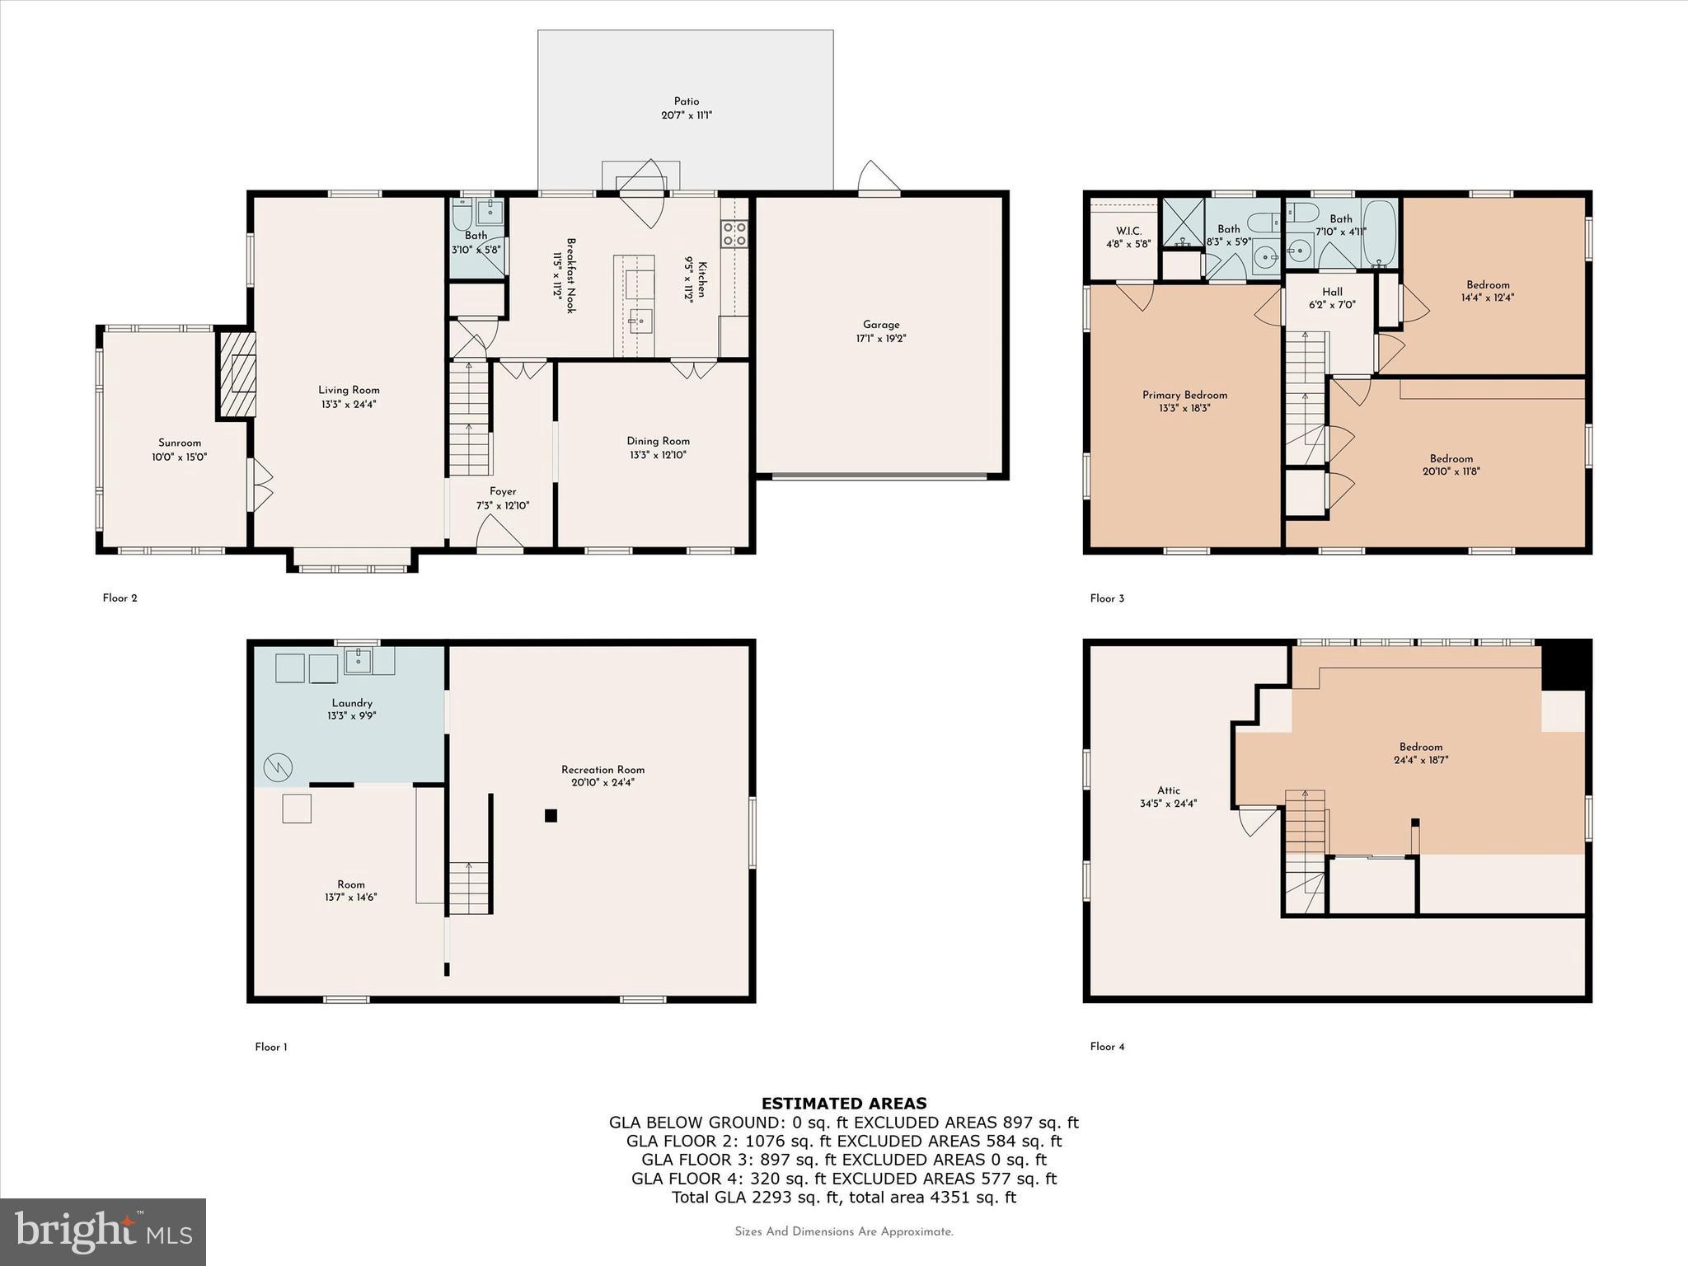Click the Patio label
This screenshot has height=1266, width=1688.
coord(686,102)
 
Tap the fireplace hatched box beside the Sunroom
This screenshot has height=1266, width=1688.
coord(237,374)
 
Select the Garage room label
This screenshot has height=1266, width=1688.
coord(881,325)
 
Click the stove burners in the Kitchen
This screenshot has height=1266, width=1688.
coord(734,233)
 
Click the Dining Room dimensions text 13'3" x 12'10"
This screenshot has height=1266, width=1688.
coord(657,455)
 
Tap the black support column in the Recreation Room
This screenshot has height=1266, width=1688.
coord(551,816)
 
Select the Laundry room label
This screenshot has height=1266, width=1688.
coord(352,703)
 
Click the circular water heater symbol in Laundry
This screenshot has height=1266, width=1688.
coord(278,768)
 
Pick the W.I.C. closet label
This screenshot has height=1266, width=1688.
coord(1128,231)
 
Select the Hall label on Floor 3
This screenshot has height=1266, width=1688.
coord(1332,292)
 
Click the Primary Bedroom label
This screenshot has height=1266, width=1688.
coord(1184,396)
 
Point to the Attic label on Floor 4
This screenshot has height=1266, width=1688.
coord(1168,790)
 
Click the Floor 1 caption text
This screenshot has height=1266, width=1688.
coord(271,1047)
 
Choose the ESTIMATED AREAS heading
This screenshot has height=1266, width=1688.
coord(843,1104)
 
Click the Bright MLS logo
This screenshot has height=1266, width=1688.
coord(103,1232)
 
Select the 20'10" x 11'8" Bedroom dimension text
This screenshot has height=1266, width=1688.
coord(1451,472)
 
